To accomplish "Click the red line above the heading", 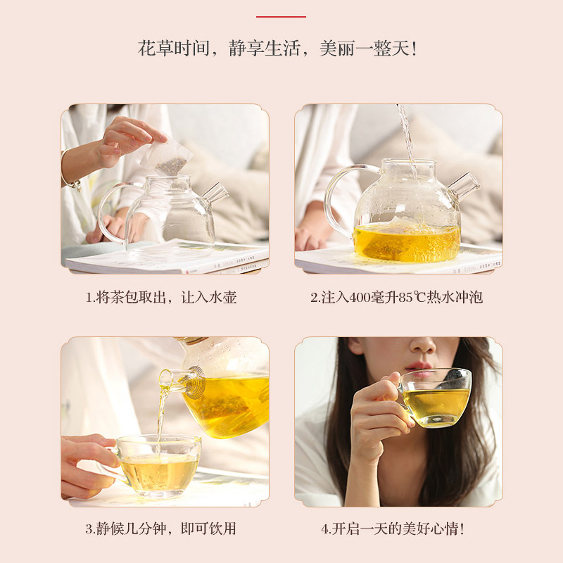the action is pyautogui.click(x=281, y=16).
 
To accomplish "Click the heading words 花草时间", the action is pyautogui.click(x=174, y=48).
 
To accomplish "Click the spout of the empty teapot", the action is pyautogui.click(x=215, y=194).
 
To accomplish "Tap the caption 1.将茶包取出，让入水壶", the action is pyautogui.click(x=161, y=298).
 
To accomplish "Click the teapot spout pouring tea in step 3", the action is pyautogui.click(x=179, y=381).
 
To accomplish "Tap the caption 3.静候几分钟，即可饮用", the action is pyautogui.click(x=160, y=529).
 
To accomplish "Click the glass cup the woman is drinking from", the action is pyautogui.click(x=434, y=398).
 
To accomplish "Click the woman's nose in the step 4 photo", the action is pyautogui.click(x=422, y=346).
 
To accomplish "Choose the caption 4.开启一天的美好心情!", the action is pyautogui.click(x=393, y=529).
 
